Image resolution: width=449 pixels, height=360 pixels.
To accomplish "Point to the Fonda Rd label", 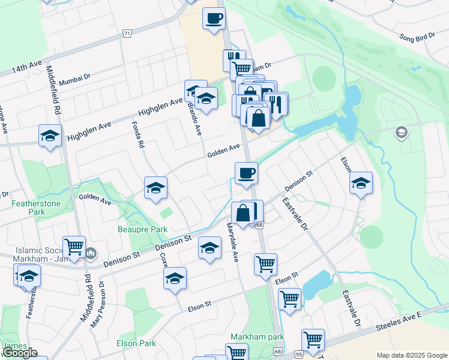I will coord(138,134).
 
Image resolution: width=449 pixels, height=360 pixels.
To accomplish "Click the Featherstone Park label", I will coord(28,208).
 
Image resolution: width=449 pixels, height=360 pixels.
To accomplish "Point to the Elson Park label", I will coord(136,343).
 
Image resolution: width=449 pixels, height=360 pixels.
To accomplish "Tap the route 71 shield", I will coord(127,34).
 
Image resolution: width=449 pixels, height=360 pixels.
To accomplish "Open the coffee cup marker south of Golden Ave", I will coord(246,174).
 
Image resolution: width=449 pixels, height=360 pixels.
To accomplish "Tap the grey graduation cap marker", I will coord(401,132).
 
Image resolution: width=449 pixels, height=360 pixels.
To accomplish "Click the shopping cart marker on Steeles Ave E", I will coord(313,340).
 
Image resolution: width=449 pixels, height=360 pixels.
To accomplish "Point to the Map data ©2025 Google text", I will coord(411,355).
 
